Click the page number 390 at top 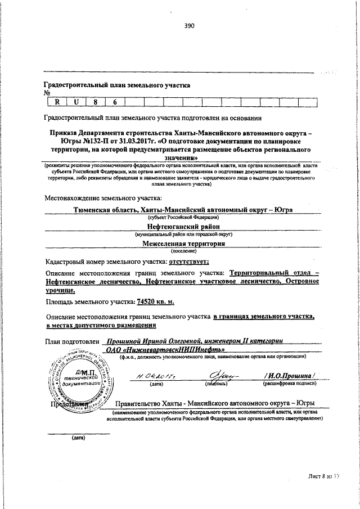coord(188,25)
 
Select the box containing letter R coord(56,102)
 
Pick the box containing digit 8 coord(96,102)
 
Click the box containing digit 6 coord(115,102)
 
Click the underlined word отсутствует coord(186,262)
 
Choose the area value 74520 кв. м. coord(152,302)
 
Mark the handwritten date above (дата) coord(152,377)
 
